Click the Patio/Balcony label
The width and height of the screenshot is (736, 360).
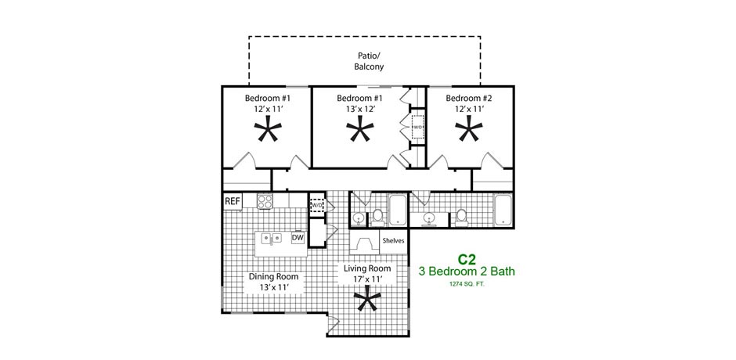point(369,61)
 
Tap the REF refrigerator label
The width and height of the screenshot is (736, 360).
point(233,202)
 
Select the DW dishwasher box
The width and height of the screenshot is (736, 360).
point(298,238)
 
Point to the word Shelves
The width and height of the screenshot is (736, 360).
point(393,241)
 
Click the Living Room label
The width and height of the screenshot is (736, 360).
point(367,269)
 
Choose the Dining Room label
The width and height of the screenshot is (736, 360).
point(274,276)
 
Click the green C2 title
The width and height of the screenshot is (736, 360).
point(466,260)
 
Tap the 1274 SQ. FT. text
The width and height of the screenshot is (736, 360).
point(466,283)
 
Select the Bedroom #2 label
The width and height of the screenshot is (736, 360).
point(469,99)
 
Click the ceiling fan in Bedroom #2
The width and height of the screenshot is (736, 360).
point(469,128)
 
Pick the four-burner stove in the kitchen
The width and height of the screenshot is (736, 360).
point(265,201)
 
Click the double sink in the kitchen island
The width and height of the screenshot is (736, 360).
point(272,238)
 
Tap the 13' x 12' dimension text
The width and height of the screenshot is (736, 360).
point(359,109)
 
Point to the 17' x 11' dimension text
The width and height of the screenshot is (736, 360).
point(367,279)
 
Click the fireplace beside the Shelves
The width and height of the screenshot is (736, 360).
point(364,242)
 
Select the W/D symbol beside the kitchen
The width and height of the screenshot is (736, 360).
point(317,204)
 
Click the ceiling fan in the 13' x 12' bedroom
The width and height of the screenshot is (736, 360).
point(360,128)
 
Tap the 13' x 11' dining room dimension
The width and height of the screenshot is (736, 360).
point(274,287)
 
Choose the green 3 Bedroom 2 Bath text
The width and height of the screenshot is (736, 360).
point(467,272)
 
